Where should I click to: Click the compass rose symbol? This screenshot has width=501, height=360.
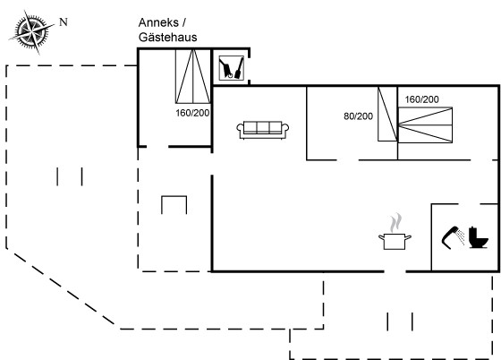tap(31, 32)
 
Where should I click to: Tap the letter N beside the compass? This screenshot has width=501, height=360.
tap(64, 22)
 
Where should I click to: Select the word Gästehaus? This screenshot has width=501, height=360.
tap(168, 38)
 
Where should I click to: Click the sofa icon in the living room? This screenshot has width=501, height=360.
tap(263, 130)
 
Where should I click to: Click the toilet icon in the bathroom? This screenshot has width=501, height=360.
tap(479, 237)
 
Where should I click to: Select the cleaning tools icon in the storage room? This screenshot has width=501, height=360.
tap(232, 68)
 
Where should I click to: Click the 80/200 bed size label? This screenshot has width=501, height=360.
tap(358, 116)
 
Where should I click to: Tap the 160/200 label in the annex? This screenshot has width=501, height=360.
tap(192, 113)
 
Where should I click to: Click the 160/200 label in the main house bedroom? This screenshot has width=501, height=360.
tap(421, 99)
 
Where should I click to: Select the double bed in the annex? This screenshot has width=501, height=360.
tap(193, 76)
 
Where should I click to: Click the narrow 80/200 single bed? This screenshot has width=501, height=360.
tap(387, 114)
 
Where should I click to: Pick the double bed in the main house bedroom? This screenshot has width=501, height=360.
tap(425, 125)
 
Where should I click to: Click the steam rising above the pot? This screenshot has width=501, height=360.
tap(395, 223)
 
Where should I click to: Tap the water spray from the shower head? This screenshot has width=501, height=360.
tap(461, 236)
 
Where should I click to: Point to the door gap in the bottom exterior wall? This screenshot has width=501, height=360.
tap(395, 271)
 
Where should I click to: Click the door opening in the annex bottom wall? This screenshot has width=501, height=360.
tap(157, 147)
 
